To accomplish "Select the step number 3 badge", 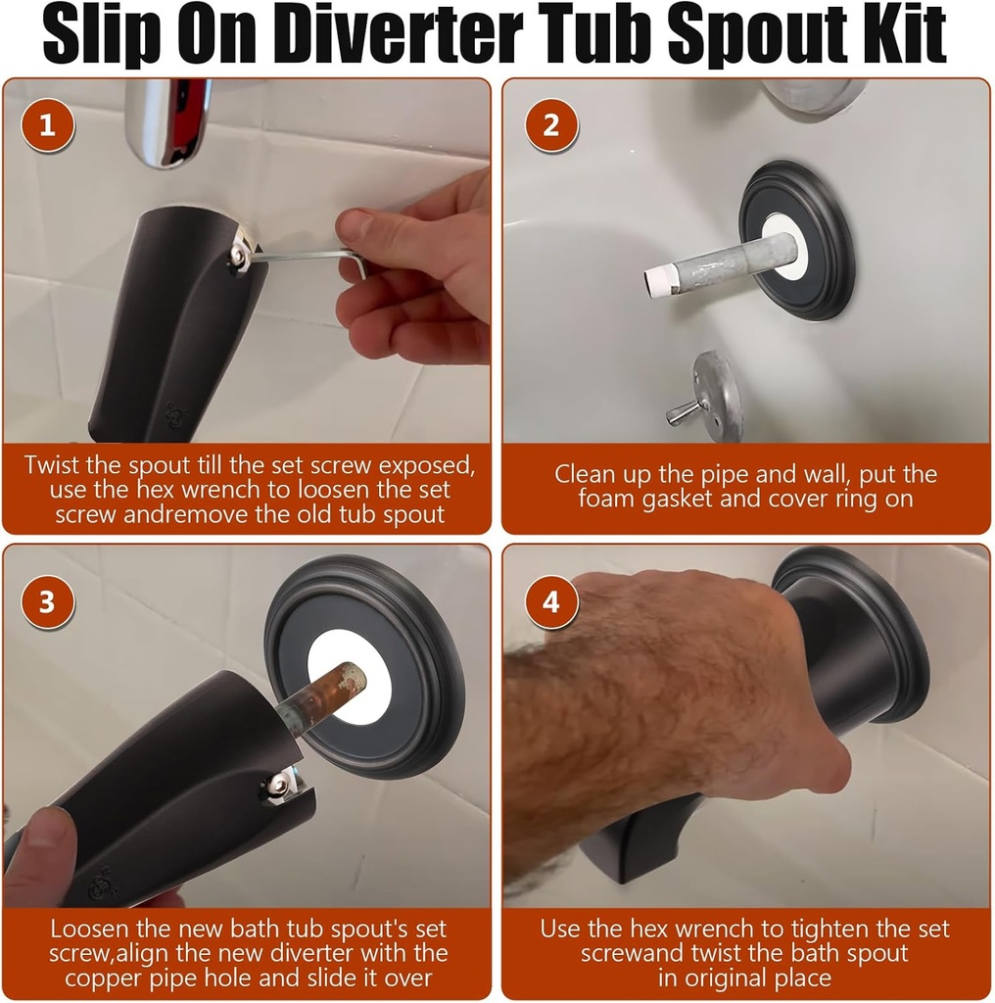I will (47, 601).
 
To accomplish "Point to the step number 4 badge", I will (551, 601).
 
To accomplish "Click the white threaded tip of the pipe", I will (655, 280).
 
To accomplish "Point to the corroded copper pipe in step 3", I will (328, 685).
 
